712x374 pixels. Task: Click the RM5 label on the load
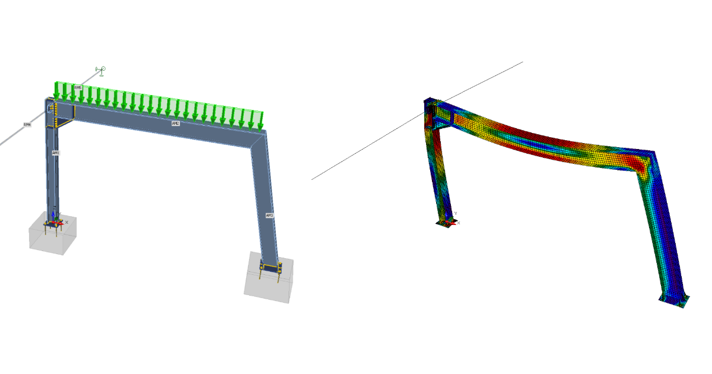click(78, 88)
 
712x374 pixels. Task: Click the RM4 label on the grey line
click(27, 125)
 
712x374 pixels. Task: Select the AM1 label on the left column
click(56, 153)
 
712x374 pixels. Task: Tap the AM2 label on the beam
click(176, 123)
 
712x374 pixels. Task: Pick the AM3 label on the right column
click(269, 215)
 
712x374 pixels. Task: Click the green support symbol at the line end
click(101, 71)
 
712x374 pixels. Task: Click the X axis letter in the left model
click(66, 222)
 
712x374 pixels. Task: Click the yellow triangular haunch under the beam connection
click(65, 122)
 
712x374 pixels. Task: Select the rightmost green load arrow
click(260, 121)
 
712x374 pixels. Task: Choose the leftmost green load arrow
click(57, 91)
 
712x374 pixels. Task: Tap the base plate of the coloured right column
click(673, 299)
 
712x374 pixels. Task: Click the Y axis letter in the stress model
click(455, 213)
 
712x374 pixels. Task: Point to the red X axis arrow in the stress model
click(452, 224)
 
